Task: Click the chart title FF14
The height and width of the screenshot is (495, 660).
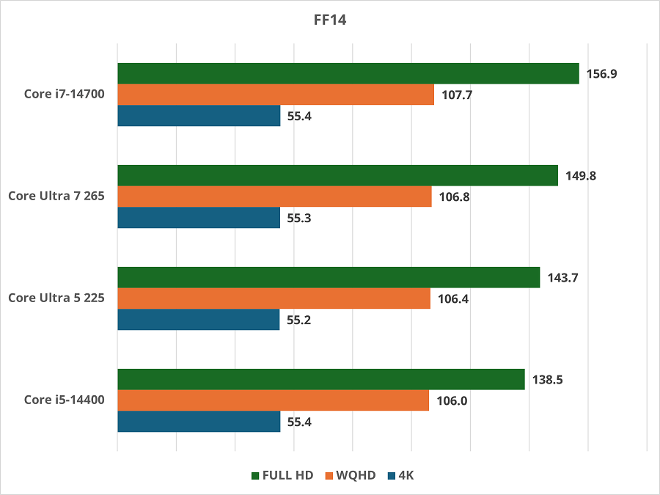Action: click(x=329, y=21)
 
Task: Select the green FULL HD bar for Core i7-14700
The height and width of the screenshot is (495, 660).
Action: click(x=348, y=73)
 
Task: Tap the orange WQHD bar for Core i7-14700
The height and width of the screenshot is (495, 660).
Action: click(x=275, y=95)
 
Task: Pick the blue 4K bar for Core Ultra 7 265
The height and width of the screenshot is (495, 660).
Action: click(x=198, y=218)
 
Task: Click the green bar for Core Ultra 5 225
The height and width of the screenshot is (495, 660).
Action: click(x=328, y=277)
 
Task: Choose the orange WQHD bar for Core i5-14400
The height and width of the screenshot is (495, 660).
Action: click(x=273, y=400)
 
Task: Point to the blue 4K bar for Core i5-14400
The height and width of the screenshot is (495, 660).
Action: click(x=198, y=421)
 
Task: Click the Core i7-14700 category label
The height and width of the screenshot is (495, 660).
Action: click(x=65, y=95)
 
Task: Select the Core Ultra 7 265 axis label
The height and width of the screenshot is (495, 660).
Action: click(x=56, y=197)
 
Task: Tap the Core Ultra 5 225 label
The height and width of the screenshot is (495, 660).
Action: click(x=56, y=298)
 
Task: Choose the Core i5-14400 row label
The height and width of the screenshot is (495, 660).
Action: click(x=65, y=400)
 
